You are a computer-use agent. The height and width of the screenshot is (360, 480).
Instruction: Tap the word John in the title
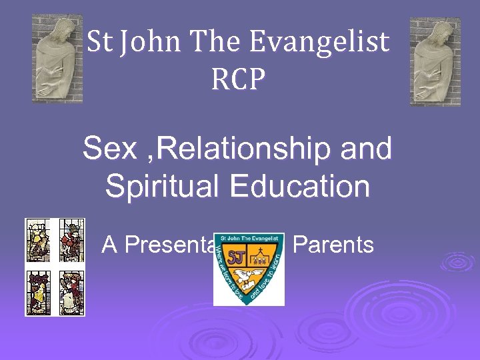point(155,43)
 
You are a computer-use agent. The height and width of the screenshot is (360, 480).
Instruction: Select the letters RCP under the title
point(238,80)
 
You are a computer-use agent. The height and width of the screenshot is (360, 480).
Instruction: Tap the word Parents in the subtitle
point(333,245)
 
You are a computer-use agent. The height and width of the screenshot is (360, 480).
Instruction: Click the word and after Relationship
point(366,149)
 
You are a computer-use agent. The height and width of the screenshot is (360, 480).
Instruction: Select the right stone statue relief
point(435,61)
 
